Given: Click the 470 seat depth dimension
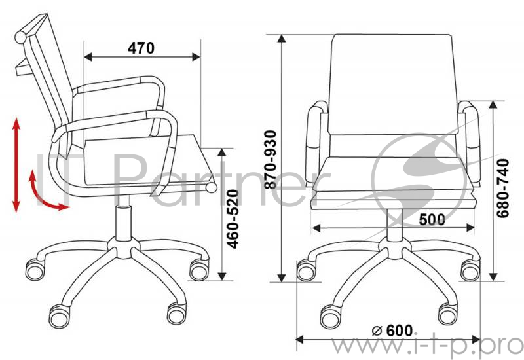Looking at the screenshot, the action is pyautogui.click(x=141, y=48).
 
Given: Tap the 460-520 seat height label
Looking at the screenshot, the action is pyautogui.click(x=233, y=219).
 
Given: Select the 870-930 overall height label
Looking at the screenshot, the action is pyautogui.click(x=271, y=160).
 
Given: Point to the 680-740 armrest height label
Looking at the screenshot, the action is pyautogui.click(x=503, y=189).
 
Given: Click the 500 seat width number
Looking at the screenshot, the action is pyautogui.click(x=432, y=219).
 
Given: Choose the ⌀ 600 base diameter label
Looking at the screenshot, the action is pyautogui.click(x=392, y=331).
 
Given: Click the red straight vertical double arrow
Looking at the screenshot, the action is pyautogui.click(x=16, y=165).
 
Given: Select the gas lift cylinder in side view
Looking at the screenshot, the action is pyautogui.click(x=123, y=222).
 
